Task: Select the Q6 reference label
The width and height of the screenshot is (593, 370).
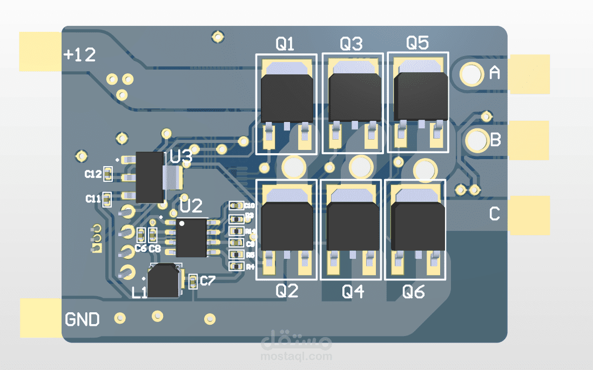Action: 414,292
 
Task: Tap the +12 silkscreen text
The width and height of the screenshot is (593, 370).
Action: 79,54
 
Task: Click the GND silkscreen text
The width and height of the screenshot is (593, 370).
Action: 82,319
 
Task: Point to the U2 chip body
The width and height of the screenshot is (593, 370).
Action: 191,237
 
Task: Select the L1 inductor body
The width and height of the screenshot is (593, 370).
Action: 164,281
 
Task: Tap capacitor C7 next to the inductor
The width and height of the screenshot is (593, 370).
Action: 193,280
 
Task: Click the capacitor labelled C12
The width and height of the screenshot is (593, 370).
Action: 107,174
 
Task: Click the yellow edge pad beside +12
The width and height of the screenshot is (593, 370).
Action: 40,52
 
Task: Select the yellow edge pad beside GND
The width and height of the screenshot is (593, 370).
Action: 41,318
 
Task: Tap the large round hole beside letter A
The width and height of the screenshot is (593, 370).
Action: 471,74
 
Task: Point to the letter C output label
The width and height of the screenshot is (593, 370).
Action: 494,214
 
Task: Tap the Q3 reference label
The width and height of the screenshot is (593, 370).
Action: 351,44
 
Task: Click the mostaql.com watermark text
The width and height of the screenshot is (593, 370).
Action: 296,357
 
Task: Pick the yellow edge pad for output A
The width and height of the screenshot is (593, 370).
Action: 529,74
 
